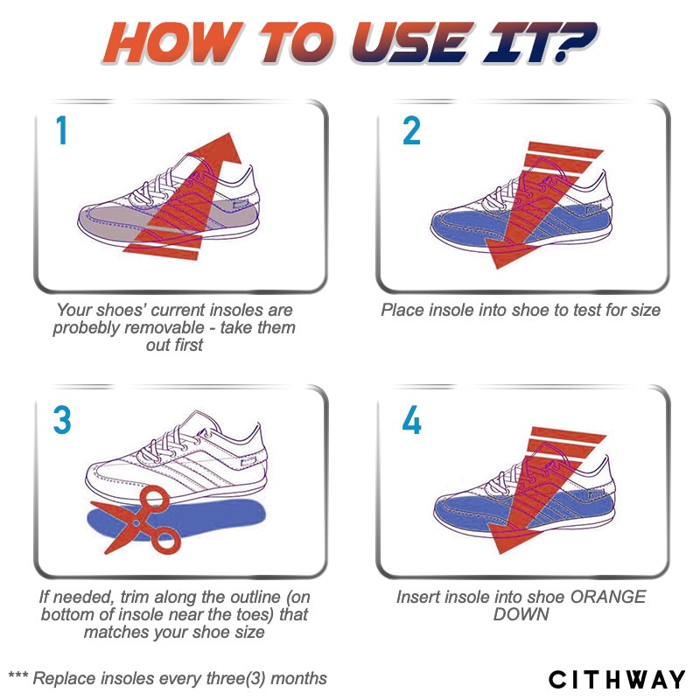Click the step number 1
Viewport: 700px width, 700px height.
(x=61, y=129)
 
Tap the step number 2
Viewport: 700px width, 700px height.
(x=411, y=130)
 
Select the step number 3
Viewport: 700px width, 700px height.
(x=62, y=420)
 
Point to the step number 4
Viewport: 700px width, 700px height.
(x=411, y=420)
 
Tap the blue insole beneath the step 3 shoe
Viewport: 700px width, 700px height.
(x=176, y=519)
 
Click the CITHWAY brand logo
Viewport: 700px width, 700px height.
(x=617, y=680)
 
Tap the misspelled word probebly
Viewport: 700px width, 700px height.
(x=84, y=328)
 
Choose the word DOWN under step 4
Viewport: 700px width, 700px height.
(x=521, y=615)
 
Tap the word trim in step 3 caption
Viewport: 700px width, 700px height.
(x=134, y=597)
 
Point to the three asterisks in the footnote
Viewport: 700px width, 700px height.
(x=18, y=675)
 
